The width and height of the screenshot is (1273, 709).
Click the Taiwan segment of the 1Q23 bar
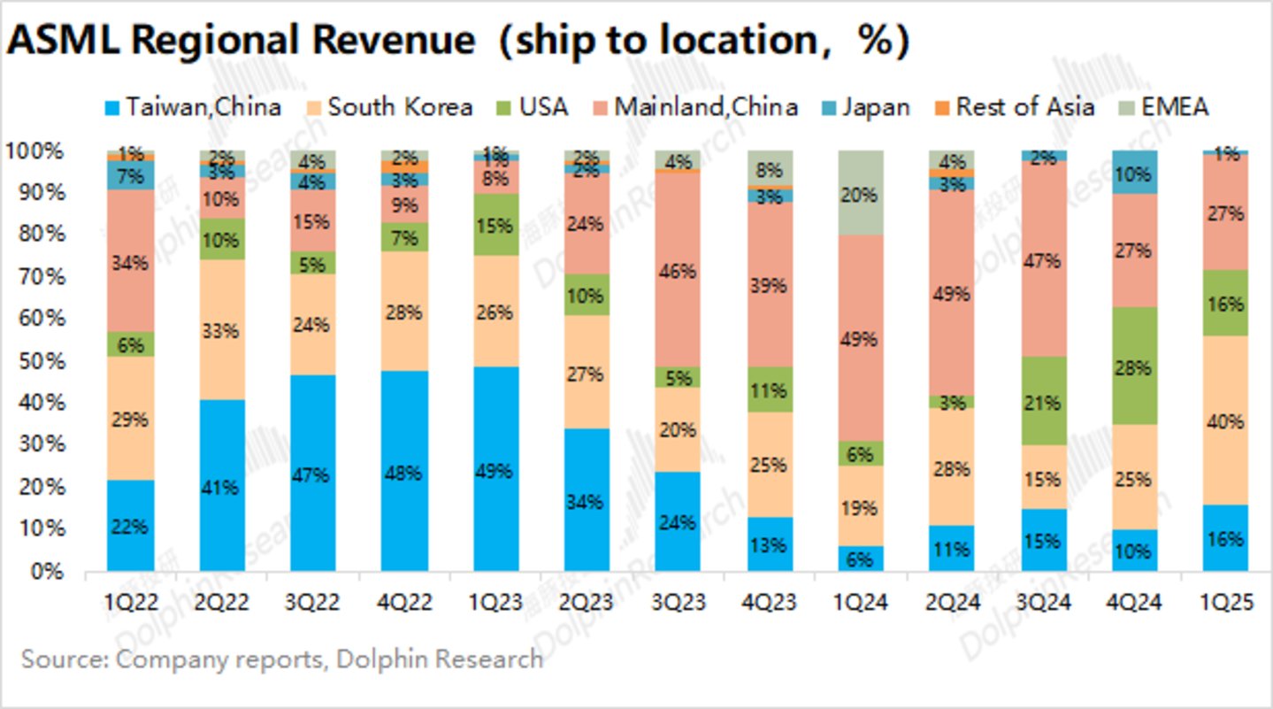pyautogui.click(x=496, y=469)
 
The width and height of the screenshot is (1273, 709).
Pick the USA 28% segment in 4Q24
pyautogui.click(x=1134, y=366)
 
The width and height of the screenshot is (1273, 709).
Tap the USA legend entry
pyautogui.click(x=531, y=108)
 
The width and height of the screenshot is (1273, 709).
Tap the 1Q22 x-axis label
pyautogui.click(x=131, y=603)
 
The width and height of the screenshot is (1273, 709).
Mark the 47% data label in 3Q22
pyautogui.click(x=313, y=475)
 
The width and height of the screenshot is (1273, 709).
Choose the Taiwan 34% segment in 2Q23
pyautogui.click(x=587, y=501)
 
